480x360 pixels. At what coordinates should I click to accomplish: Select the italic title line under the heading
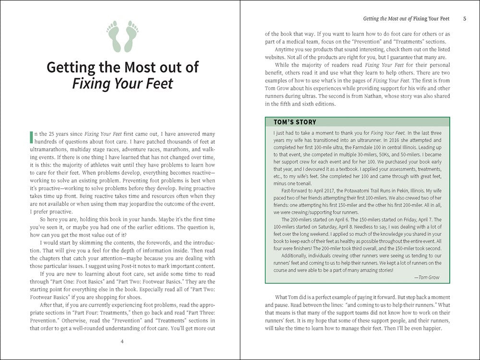pos(122,84)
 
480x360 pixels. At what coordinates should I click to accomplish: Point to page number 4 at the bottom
pos(122,341)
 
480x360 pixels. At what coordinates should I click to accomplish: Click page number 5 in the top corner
pos(465,19)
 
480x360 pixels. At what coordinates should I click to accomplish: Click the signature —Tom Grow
pos(428,277)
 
